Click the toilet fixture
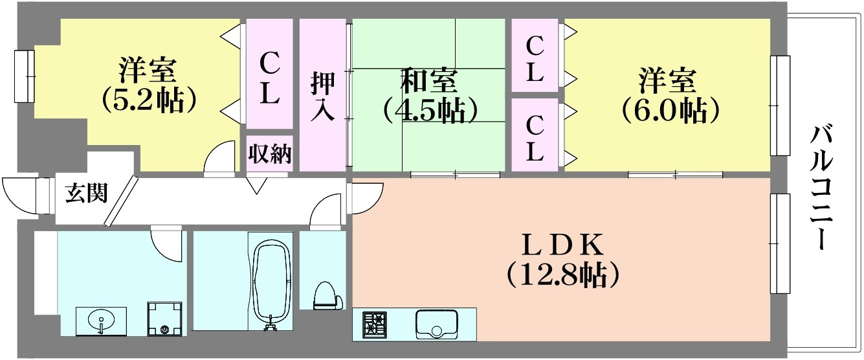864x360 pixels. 328,296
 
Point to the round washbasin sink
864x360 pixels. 101,321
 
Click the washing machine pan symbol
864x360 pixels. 164,319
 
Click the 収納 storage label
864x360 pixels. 270,153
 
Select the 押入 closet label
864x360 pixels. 322,96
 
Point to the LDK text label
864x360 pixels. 562,245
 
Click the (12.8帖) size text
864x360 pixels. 563,275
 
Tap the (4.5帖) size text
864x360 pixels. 430,110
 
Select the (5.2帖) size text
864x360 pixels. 149,100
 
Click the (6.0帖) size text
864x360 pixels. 670,111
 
